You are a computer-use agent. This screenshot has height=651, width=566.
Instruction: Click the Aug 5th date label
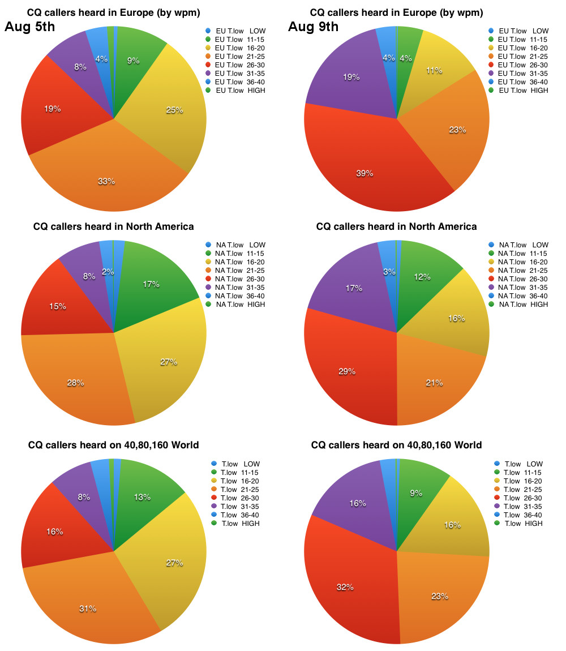[x=30, y=27]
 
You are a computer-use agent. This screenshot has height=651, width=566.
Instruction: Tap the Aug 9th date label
[x=313, y=27]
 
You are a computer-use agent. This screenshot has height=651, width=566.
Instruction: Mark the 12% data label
[x=422, y=277]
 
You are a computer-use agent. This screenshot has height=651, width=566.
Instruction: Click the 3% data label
[x=389, y=272]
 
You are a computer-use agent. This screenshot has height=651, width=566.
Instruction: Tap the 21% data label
[x=434, y=383]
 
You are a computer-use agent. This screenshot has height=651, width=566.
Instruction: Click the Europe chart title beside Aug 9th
[x=396, y=12]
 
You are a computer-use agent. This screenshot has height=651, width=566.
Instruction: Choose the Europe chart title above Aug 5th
[x=113, y=12]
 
